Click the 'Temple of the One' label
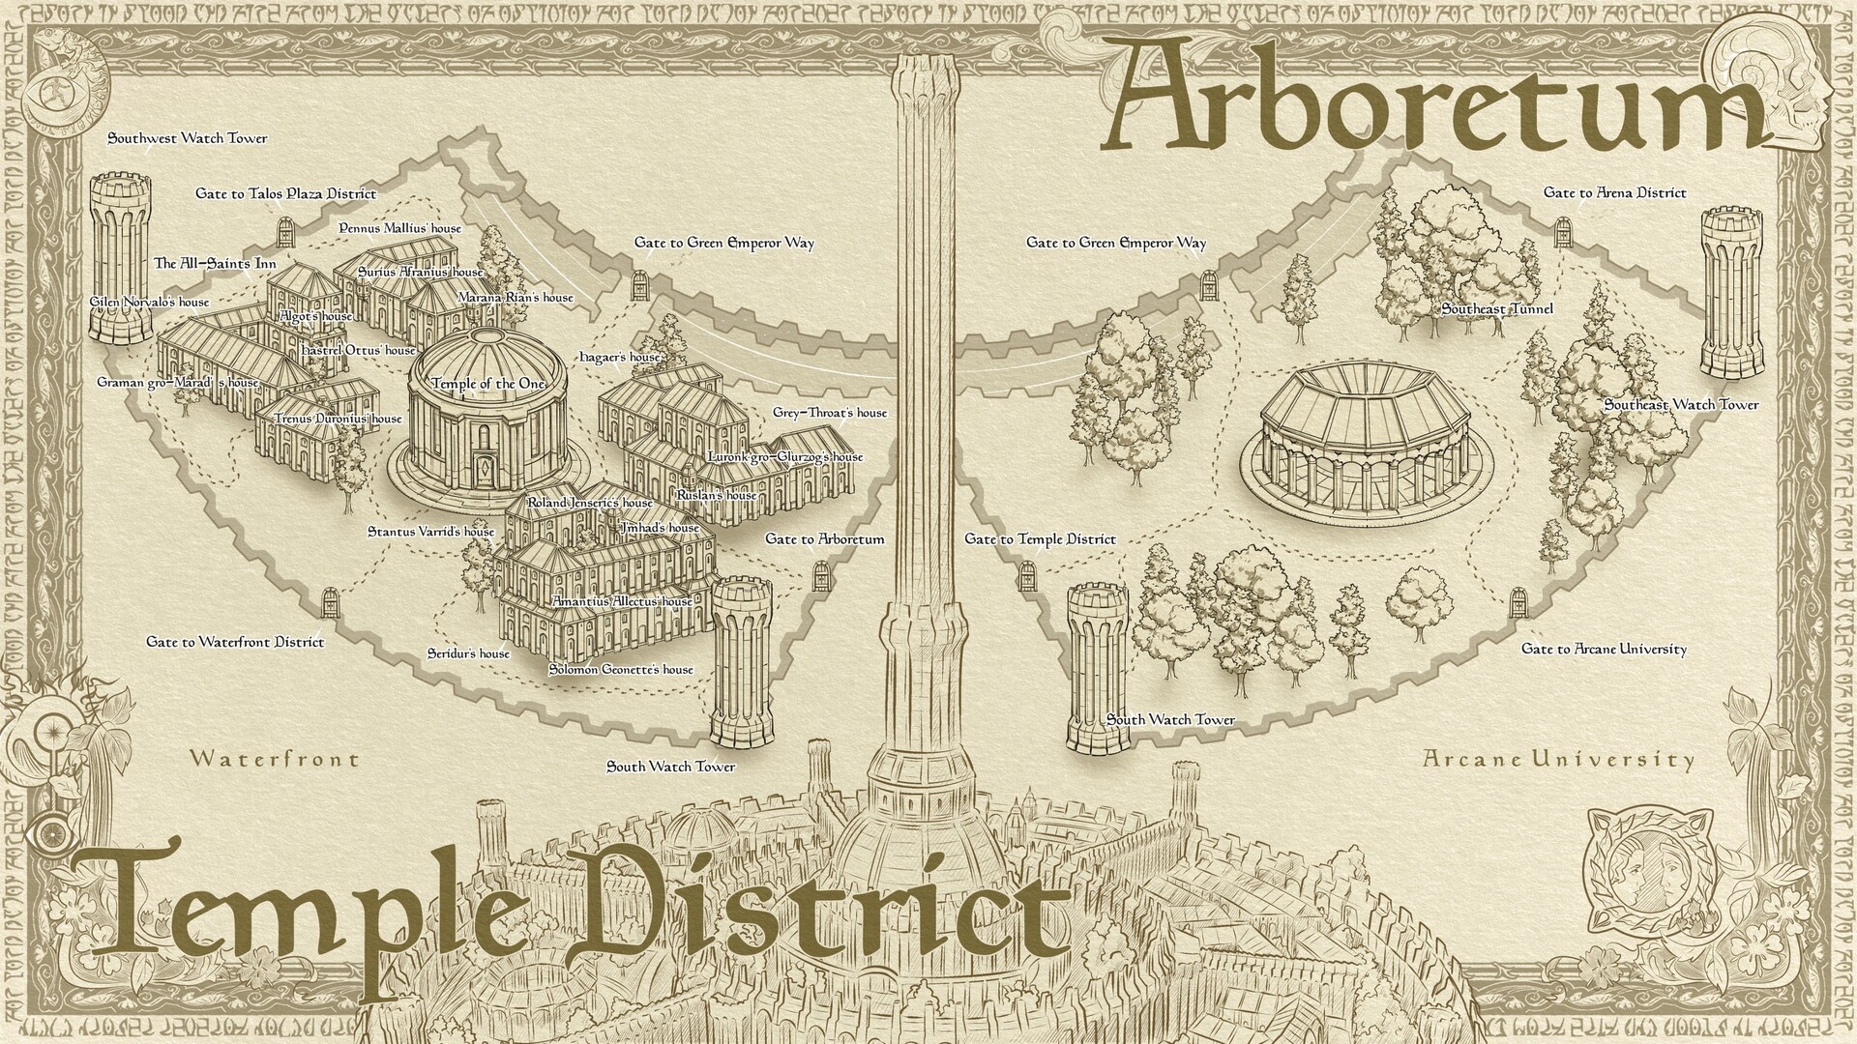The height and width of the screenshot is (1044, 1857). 488,384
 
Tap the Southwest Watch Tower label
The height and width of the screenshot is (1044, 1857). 187,138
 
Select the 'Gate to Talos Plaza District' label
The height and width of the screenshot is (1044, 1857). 285,193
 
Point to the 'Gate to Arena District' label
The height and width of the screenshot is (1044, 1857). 1614,192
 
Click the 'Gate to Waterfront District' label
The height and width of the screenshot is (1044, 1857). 235,641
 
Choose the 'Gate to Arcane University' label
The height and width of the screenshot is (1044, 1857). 1604,649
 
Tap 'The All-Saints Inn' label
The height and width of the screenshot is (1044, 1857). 215,263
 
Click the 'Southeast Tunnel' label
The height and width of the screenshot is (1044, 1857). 1496,308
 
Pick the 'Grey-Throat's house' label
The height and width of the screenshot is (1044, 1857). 829,413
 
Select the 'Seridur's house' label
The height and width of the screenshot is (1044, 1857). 468,653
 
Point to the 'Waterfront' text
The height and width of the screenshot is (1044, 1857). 275,759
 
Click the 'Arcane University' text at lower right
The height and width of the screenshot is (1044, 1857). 1558,760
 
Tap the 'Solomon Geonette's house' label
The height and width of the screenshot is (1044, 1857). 621,669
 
